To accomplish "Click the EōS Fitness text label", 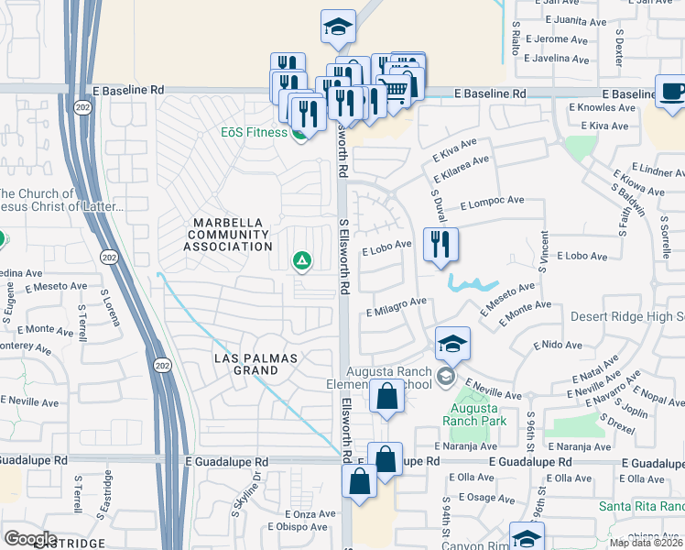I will click(254, 132).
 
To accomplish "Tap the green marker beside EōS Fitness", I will click(299, 135).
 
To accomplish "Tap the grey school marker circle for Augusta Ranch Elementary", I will click(445, 377).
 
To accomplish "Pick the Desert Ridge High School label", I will click(627, 316).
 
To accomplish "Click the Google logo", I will click(30, 538).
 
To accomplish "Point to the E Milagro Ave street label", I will click(397, 306).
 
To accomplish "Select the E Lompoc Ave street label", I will click(492, 202).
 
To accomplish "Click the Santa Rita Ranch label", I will click(641, 507).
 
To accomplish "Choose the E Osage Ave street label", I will click(476, 498).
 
